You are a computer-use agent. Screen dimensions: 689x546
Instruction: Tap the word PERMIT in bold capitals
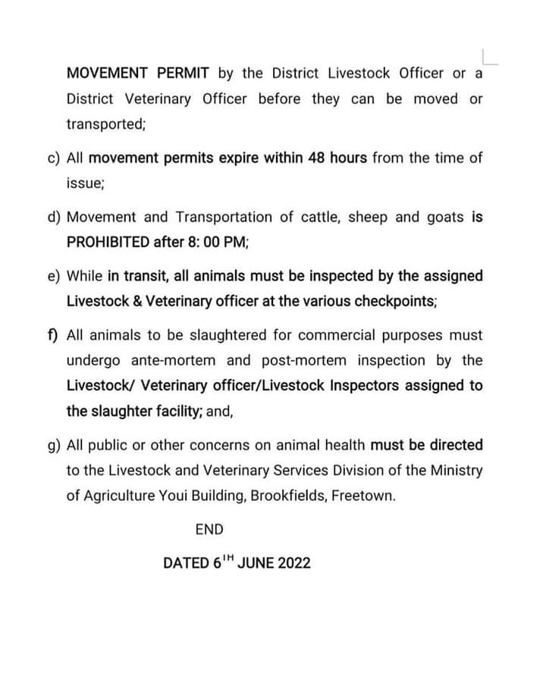(182, 74)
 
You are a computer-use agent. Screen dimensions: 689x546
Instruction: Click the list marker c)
(53, 158)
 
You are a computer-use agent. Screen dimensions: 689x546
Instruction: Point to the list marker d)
(53, 218)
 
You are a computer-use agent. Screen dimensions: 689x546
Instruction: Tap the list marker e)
(53, 276)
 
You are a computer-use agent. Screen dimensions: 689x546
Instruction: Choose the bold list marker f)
(53, 335)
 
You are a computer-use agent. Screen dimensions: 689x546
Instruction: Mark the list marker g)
(53, 445)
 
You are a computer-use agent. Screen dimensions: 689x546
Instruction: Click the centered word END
(209, 530)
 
